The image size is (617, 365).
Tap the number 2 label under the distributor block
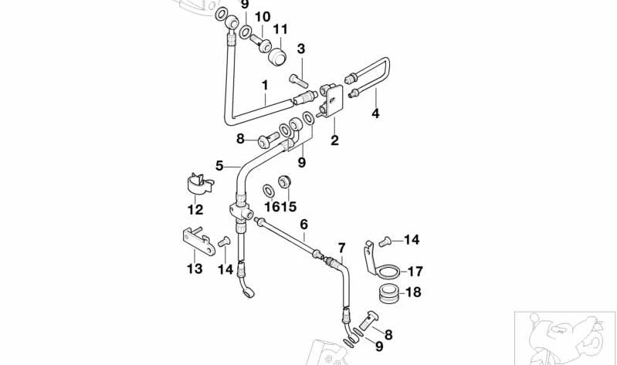tap(334, 140)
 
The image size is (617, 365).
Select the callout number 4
tap(375, 113)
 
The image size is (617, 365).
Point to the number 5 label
tap(219, 165)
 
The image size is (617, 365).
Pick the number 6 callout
tap(303, 224)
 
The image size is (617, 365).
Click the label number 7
tap(341, 247)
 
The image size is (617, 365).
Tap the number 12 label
tap(195, 209)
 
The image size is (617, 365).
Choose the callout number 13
tap(195, 268)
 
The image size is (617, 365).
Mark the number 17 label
tap(415, 271)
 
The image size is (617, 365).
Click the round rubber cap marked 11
tap(276, 56)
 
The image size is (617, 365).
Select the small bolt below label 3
tap(299, 78)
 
